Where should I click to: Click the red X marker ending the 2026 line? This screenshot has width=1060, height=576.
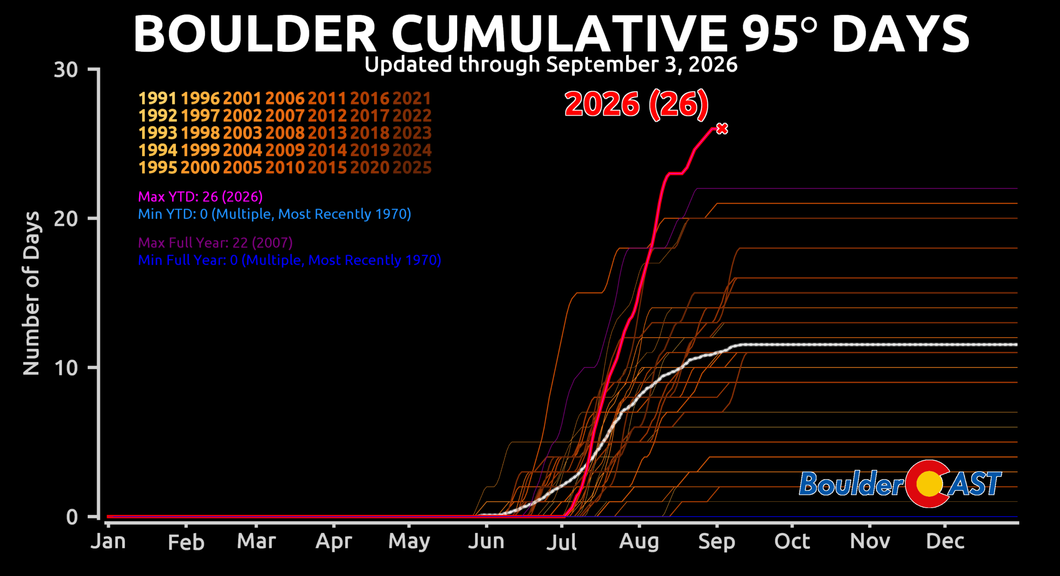point(722,129)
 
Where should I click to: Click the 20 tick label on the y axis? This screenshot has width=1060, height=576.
point(66,219)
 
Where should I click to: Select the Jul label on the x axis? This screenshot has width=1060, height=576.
point(561,542)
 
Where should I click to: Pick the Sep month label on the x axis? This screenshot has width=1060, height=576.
point(717,542)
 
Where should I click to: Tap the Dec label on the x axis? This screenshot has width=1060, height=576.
point(945,541)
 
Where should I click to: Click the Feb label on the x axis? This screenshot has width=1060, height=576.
point(186,542)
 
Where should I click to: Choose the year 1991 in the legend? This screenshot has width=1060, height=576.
point(158,99)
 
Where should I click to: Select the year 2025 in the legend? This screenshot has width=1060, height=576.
point(412,168)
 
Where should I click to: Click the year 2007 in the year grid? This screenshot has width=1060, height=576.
point(285,116)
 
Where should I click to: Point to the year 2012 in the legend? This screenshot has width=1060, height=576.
point(327,116)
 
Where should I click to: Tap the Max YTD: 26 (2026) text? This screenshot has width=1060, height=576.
point(200,197)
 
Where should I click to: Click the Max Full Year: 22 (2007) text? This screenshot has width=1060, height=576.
point(215,243)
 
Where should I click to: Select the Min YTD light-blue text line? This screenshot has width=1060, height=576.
point(275,214)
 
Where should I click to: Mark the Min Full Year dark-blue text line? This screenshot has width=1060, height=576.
point(289,260)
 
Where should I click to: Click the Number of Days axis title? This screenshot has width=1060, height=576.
point(31,293)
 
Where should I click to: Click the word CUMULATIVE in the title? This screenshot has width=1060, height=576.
point(559,34)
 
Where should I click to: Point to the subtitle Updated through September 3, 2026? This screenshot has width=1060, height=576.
point(551,65)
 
